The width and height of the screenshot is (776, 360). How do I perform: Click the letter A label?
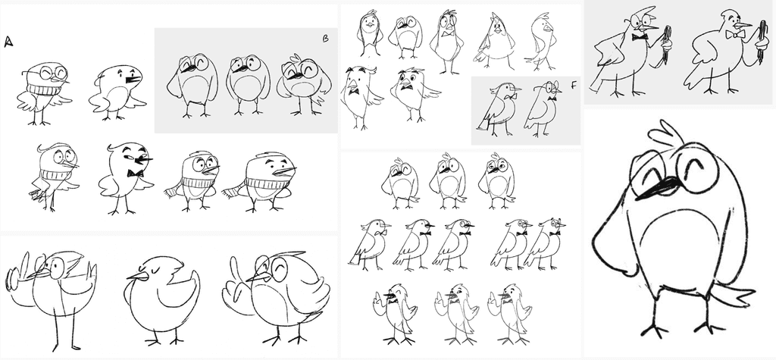point(8,42)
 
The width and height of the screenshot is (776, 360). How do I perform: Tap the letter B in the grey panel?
point(326,39)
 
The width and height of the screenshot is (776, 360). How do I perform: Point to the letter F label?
point(574,86)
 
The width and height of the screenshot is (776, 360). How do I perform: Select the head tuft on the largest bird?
point(666,133)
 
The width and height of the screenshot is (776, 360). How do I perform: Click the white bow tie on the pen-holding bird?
point(735,34)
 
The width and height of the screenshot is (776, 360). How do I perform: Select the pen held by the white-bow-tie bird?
point(761,42)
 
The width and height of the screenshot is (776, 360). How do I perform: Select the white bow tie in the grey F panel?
point(507,96)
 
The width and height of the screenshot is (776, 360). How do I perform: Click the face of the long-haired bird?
point(369,21)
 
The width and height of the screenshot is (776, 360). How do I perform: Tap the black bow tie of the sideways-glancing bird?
point(135,174)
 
